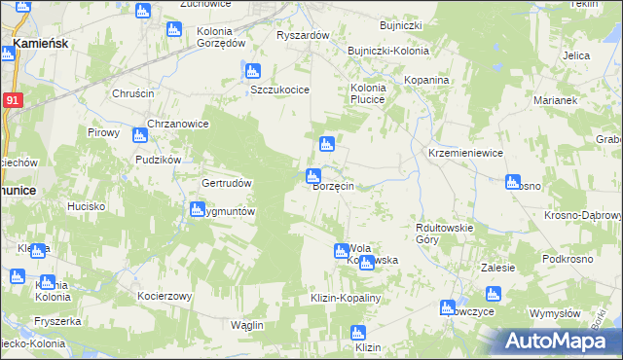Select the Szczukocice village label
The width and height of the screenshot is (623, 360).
pos(279,90)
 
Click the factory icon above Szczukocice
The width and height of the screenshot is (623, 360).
pos(252,71)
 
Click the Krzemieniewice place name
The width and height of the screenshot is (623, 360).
pos(465,154)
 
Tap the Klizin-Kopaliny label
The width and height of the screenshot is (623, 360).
pos(345,297)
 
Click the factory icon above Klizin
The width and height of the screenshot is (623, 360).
pos(358,333)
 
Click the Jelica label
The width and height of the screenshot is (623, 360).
pos(576,55)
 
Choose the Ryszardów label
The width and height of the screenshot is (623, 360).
pos(304,35)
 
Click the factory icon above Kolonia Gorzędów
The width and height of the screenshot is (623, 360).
pos(174,29)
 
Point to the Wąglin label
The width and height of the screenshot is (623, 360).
pos(248,325)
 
